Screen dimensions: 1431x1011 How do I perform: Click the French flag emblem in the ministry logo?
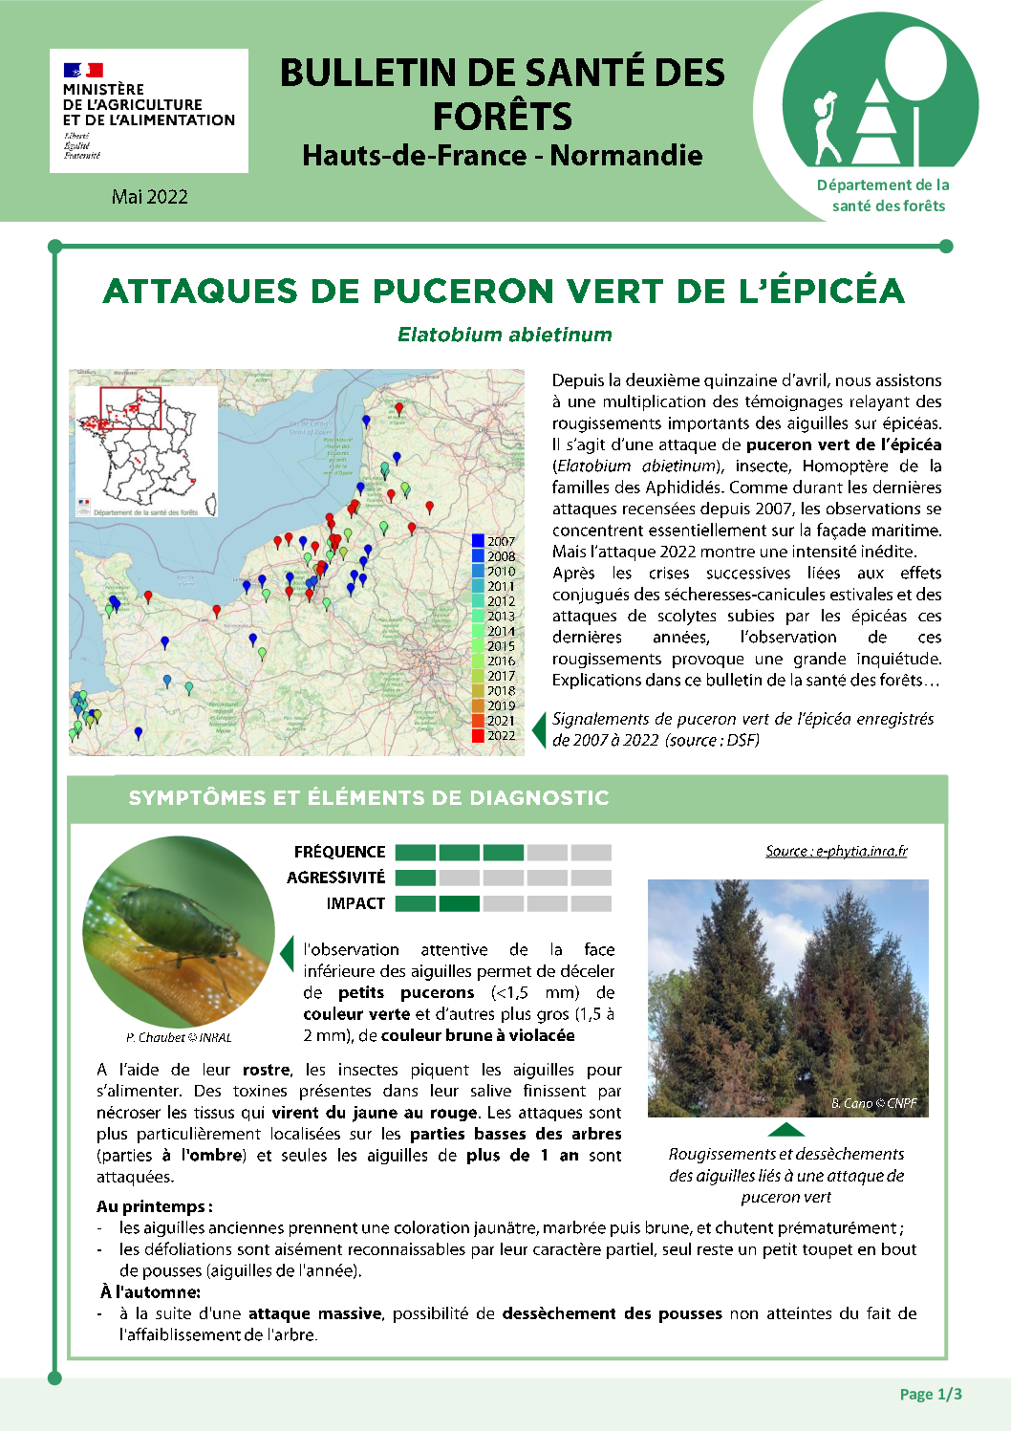pos(83,70)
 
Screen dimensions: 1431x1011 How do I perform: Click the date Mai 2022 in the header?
pos(149,197)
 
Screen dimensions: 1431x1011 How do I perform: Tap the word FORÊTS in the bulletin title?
pos(503,117)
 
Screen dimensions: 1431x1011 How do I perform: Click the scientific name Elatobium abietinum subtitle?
pos(505,335)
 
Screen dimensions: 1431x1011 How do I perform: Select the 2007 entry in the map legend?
pos(494,541)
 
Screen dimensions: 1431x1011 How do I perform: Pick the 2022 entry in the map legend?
pos(494,736)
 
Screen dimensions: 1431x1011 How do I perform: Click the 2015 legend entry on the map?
pos(494,646)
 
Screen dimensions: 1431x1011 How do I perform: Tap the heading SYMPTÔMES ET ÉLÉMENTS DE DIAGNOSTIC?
pos(369,798)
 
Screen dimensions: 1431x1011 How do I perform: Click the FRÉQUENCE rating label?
pos(339,852)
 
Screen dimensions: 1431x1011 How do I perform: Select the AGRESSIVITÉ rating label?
pos(335,878)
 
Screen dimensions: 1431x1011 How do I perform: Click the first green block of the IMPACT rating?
pos(416,903)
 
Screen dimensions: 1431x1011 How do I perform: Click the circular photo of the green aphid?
pos(180,932)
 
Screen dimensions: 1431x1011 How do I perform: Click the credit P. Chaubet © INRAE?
pos(179,1037)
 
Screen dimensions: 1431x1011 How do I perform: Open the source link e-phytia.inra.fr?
pos(836,851)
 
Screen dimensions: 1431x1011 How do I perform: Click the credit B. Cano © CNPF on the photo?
pos(873,1103)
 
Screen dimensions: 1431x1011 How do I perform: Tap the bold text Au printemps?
pos(154,1206)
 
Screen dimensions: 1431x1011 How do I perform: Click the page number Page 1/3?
pos(931,1394)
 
